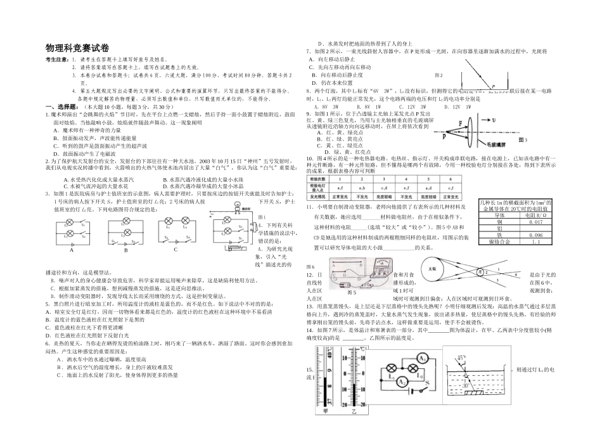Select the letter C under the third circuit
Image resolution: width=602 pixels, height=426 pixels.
176,249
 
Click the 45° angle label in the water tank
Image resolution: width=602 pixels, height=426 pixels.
463,356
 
